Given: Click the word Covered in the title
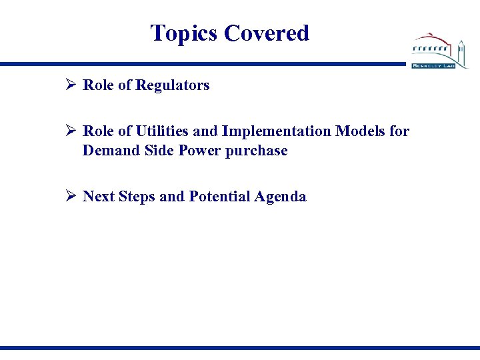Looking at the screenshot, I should point(267,33).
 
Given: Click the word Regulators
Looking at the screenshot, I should point(173,85).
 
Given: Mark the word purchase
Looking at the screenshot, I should point(257,151).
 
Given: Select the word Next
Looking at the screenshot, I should point(99,197).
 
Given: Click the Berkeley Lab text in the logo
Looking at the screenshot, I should point(433,66).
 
